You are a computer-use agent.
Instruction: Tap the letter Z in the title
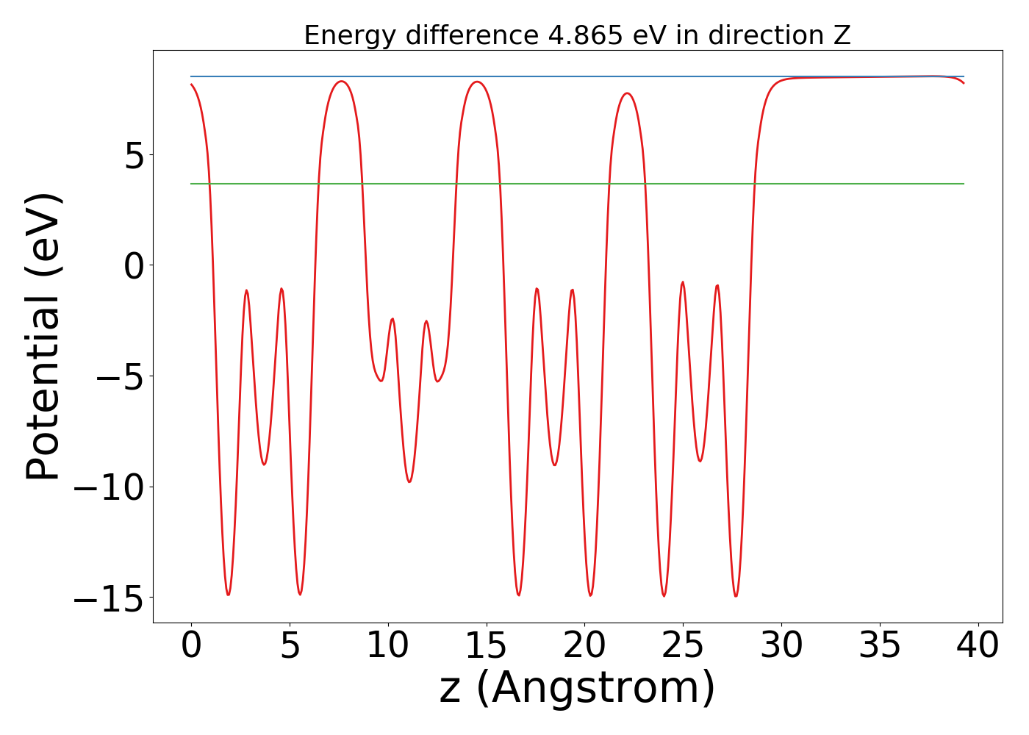click(x=842, y=35)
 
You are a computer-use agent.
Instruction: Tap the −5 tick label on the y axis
click(x=121, y=377)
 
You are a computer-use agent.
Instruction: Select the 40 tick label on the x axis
click(x=978, y=645)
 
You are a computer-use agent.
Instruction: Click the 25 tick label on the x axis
click(x=683, y=645)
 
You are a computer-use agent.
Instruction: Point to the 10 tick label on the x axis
click(x=387, y=645)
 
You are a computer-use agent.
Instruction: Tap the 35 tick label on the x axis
click(x=880, y=645)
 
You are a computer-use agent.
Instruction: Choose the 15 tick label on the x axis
click(x=486, y=645)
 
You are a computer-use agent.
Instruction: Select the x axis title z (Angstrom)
click(x=577, y=688)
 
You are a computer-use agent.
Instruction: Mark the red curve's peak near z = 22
click(x=627, y=93)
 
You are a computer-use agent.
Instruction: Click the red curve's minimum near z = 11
click(x=409, y=482)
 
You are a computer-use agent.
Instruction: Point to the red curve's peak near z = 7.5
click(x=340, y=81)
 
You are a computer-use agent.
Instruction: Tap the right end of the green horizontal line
click(x=964, y=184)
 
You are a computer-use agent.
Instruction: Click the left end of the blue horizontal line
click(x=191, y=76)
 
